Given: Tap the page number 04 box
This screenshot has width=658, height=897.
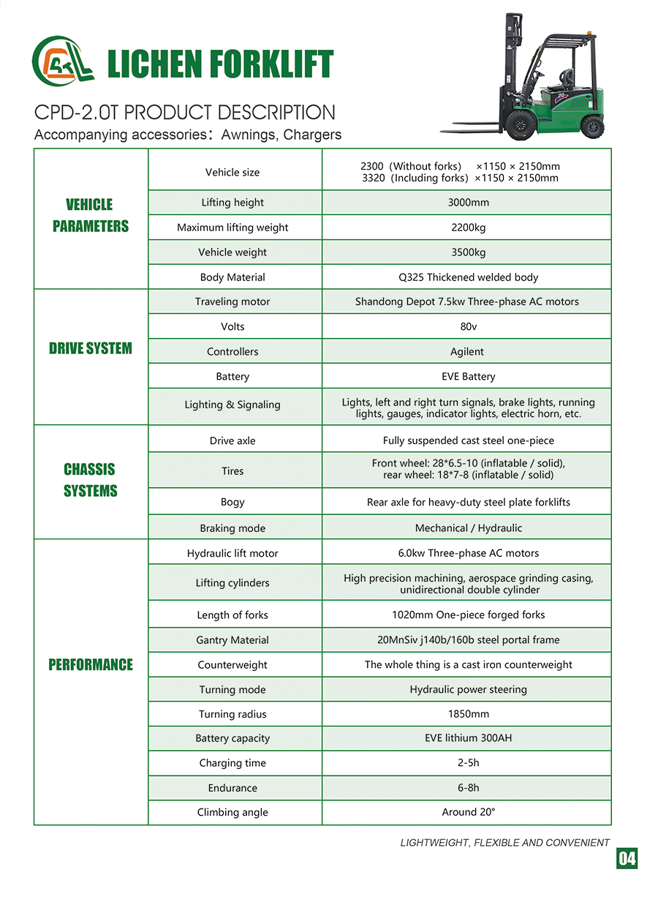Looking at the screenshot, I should click(x=627, y=858).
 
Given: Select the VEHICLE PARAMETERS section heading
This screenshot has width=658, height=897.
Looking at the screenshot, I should click(x=91, y=215).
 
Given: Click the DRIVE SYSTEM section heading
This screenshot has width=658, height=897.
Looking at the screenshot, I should click(x=91, y=348).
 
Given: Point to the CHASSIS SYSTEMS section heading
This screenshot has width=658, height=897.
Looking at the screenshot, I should click(x=90, y=480).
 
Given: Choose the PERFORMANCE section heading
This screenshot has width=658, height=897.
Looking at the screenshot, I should click(x=91, y=664).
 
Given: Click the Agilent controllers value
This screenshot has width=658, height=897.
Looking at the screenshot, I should click(x=467, y=351).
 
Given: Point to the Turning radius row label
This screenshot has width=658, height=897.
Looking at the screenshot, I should click(x=232, y=714).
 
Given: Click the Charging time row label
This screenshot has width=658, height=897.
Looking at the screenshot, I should click(x=232, y=763).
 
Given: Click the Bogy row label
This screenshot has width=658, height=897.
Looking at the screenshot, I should click(x=232, y=502).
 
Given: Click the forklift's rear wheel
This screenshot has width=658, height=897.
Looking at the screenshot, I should click(x=592, y=126).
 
